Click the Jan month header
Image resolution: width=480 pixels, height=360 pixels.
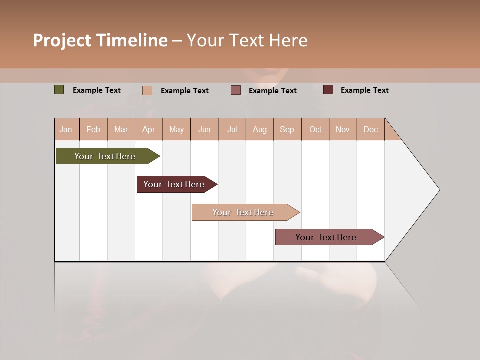(x=66, y=129)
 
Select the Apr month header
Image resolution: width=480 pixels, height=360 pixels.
(x=149, y=129)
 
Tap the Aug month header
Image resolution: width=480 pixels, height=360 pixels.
(x=260, y=129)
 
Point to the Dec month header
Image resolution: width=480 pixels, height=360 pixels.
(x=370, y=129)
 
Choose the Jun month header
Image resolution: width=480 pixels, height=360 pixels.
(x=204, y=129)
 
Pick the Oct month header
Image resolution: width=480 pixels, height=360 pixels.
(x=315, y=129)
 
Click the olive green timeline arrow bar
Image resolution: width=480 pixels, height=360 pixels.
(x=105, y=156)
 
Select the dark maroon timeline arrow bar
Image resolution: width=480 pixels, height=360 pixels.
(x=174, y=184)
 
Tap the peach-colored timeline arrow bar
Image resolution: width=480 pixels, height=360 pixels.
(x=243, y=212)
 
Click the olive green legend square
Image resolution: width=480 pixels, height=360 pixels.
(x=59, y=90)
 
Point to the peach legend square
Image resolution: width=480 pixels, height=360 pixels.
(x=147, y=90)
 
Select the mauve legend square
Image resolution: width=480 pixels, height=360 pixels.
(x=236, y=90)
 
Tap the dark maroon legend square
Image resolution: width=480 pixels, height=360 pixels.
(x=328, y=90)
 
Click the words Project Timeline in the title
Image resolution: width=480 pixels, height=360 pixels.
(x=100, y=40)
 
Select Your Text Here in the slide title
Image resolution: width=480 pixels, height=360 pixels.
(x=247, y=40)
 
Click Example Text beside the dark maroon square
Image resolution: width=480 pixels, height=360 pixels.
(x=364, y=90)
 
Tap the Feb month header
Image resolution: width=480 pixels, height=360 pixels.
(x=93, y=129)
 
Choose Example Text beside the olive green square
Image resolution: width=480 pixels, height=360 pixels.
(x=97, y=90)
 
